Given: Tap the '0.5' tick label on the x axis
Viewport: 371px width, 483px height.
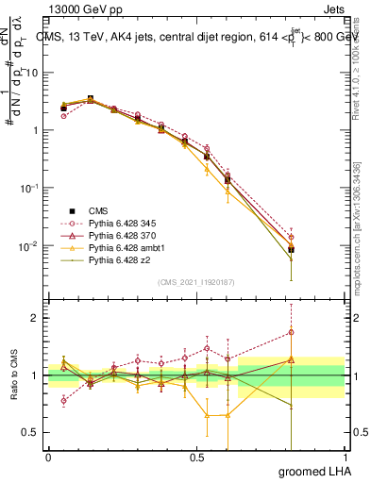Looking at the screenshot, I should [x=196, y=458].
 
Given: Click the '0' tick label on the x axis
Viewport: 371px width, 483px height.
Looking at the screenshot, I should [x=48, y=458].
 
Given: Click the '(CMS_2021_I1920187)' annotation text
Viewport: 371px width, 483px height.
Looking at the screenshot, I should [x=195, y=282].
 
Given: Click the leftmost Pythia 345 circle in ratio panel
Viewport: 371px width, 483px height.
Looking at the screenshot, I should [x=63, y=401].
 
